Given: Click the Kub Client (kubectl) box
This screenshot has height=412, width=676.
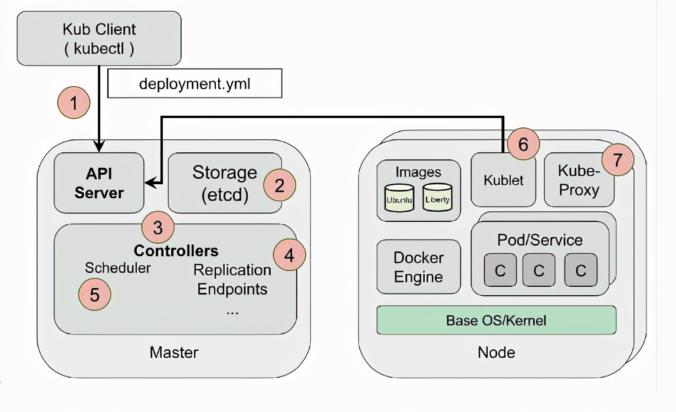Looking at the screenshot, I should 99,38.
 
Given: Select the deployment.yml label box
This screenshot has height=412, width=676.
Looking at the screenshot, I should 195,84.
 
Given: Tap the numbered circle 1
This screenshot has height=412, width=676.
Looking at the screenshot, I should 74,103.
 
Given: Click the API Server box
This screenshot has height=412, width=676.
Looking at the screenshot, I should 99,182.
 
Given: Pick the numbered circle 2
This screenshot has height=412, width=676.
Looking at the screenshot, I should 280,185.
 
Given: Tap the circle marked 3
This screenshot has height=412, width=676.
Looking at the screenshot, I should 157,228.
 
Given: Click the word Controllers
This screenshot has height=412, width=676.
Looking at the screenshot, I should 176,250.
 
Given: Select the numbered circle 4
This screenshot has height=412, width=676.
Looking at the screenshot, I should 290,256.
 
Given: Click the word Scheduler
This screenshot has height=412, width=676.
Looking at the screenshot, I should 117,267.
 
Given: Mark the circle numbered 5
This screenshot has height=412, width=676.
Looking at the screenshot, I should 95,293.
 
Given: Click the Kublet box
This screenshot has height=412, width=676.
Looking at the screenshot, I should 503,180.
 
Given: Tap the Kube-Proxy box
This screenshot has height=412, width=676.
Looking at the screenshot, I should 579,181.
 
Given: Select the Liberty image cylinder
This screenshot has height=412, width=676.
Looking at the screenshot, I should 437,198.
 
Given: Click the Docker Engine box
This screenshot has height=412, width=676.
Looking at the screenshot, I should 418,267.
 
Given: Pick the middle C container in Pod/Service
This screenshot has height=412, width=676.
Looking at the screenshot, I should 539,270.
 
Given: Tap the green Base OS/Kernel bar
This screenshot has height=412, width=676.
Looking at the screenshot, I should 496,321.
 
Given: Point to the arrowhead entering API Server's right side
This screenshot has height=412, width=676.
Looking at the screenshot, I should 150,184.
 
